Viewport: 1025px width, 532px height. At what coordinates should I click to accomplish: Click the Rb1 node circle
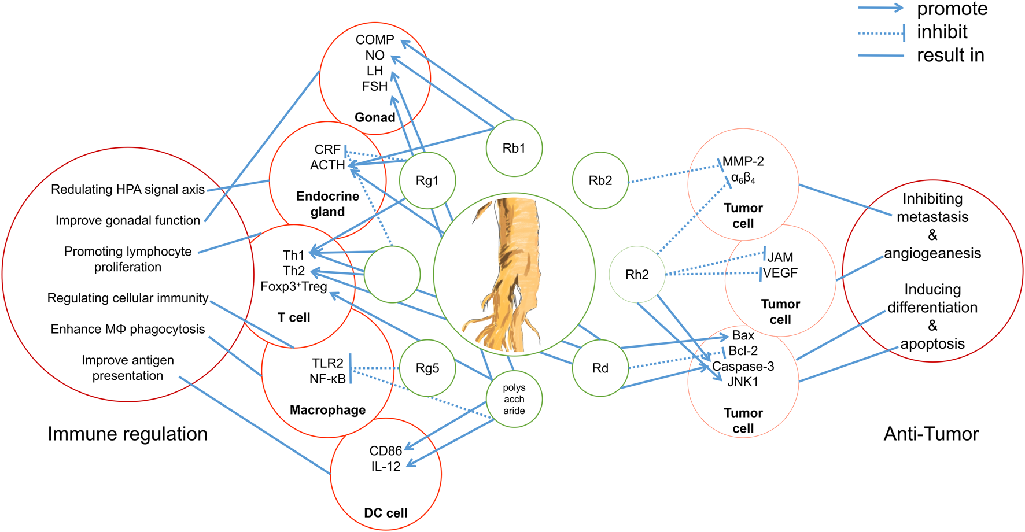514,148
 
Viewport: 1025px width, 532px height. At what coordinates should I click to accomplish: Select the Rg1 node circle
427,180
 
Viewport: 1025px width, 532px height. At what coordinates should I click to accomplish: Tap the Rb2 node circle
600,180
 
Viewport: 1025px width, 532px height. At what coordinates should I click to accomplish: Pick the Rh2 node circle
637,274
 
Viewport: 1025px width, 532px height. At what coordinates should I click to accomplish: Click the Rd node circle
600,368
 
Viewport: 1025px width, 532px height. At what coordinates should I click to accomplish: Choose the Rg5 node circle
427,368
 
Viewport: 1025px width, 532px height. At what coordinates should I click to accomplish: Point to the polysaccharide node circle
514,399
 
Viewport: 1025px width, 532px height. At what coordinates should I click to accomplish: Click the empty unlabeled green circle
392,274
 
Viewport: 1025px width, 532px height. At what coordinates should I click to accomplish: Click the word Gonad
375,117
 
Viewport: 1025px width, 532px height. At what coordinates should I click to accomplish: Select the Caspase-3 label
743,366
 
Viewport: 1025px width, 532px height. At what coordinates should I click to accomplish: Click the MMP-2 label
743,161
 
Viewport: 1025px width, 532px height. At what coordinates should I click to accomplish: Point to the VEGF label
780,273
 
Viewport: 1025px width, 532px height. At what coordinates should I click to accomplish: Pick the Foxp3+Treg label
294,286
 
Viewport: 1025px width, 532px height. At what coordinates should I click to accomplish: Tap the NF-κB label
327,379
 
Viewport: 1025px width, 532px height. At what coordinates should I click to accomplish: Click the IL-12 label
386,466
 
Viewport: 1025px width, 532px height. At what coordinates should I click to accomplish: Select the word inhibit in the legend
942,32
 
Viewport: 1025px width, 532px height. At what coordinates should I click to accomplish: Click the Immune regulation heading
127,434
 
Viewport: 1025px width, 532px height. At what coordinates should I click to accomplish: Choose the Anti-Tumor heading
931,434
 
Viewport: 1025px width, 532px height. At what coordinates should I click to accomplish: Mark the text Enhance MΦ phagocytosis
128,329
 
